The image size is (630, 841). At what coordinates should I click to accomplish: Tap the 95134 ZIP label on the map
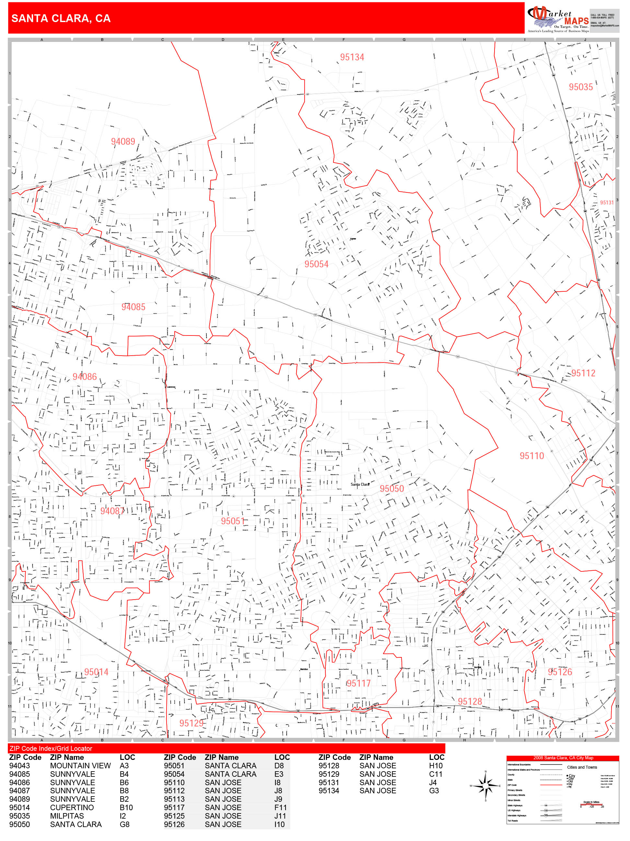tap(352, 57)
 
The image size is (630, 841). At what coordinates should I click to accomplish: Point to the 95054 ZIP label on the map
tap(316, 264)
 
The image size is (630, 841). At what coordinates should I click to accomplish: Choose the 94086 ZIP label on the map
tap(84, 377)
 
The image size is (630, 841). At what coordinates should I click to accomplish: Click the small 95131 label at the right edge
tap(606, 203)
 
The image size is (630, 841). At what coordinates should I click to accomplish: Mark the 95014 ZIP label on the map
tap(96, 672)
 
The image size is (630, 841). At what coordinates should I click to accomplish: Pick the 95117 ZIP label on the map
tap(358, 683)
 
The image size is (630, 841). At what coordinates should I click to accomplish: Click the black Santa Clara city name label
tap(360, 484)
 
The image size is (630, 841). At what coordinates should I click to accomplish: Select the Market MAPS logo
tap(557, 19)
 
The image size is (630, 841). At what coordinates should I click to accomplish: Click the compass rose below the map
tap(485, 786)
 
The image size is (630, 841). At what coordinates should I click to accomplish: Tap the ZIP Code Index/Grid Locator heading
tap(51, 748)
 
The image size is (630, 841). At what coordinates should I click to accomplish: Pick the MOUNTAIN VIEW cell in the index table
tap(80, 766)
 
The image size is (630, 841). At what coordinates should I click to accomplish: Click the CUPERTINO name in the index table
tap(72, 808)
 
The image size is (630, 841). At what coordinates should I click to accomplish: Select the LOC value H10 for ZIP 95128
tap(436, 766)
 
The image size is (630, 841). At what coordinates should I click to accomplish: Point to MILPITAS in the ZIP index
tap(66, 816)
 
